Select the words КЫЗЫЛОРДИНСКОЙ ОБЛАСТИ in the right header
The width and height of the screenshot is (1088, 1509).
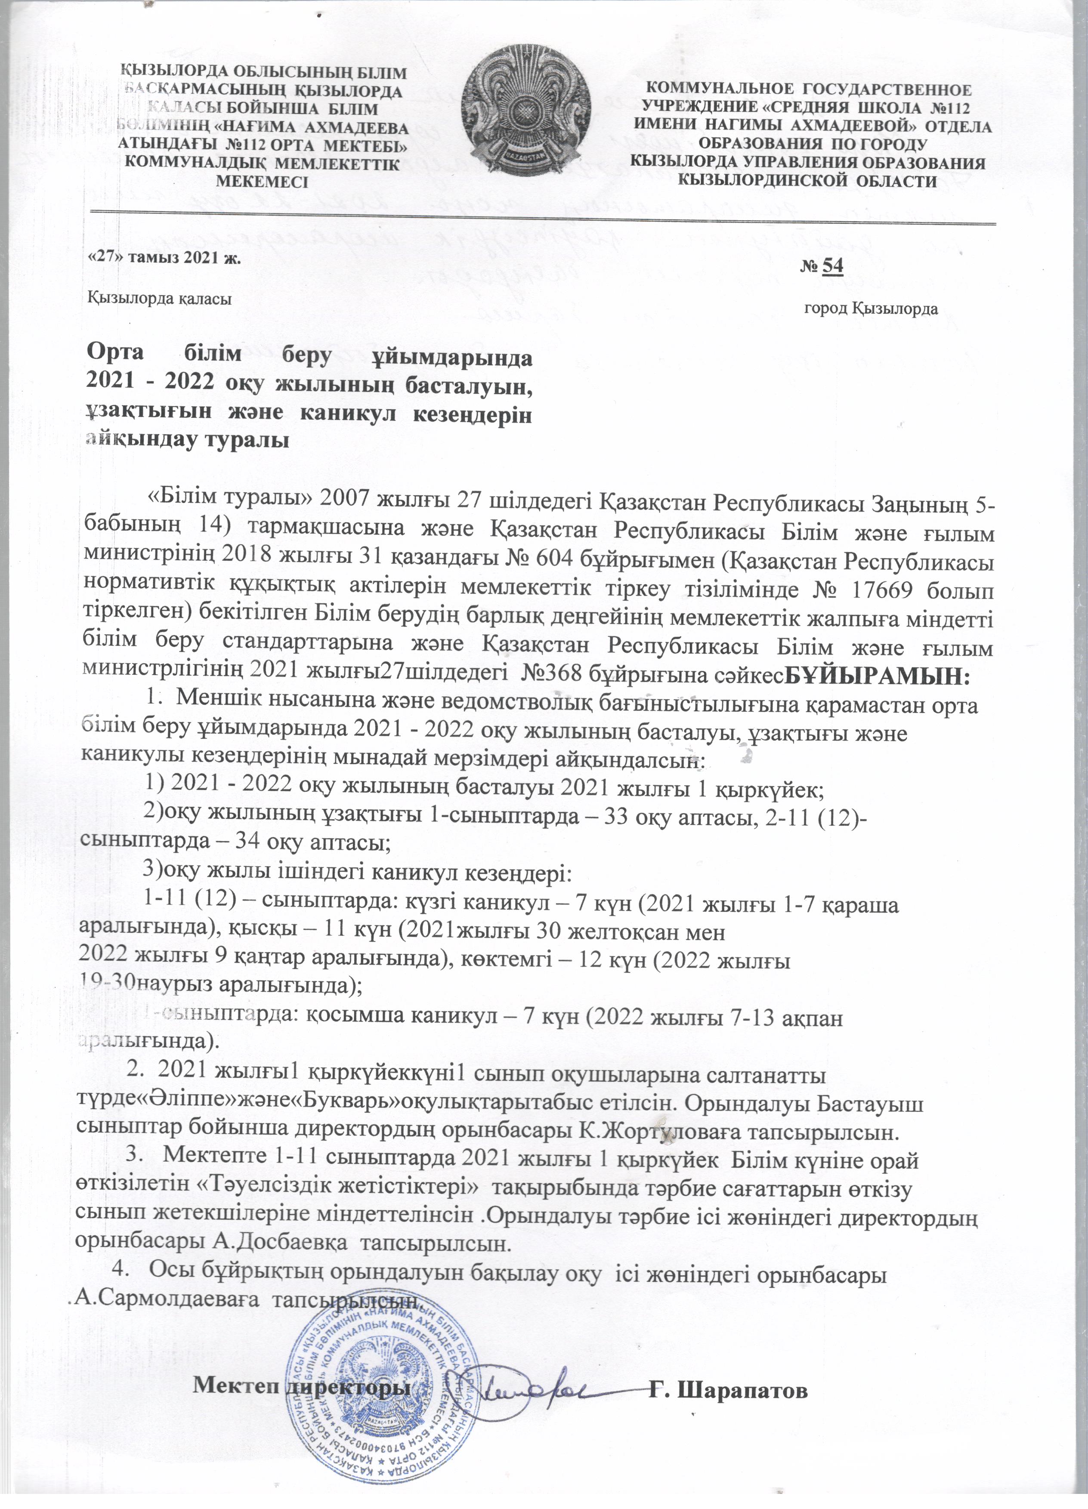point(807,180)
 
